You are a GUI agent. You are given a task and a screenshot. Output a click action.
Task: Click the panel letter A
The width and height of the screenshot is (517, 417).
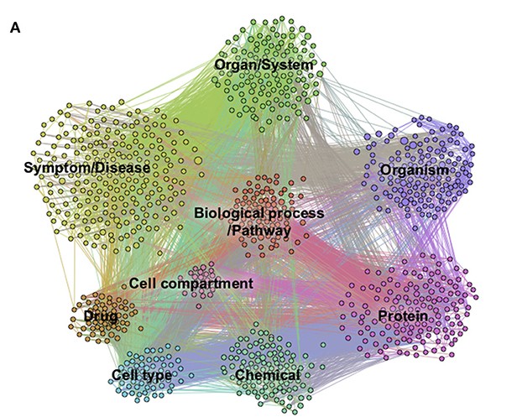(15, 29)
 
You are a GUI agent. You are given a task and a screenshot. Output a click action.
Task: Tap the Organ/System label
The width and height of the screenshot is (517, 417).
(264, 64)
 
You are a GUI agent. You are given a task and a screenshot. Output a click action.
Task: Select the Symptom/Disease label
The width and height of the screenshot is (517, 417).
(87, 168)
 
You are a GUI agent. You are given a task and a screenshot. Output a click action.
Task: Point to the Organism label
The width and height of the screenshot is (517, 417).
(415, 170)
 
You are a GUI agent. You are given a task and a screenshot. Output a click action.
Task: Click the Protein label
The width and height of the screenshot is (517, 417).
(403, 316)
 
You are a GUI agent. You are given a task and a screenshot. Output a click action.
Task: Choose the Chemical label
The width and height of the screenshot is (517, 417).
(268, 375)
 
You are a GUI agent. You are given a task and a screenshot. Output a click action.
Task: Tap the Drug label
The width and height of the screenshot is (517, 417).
(101, 316)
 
